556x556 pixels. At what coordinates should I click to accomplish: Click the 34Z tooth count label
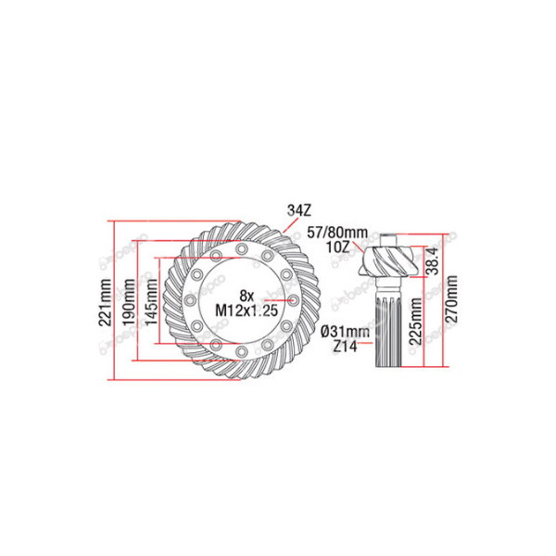(x=299, y=210)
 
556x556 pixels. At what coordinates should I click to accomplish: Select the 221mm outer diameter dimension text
(x=106, y=300)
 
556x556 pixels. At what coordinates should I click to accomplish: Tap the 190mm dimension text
(x=129, y=300)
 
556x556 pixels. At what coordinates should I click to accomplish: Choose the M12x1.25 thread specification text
(x=246, y=310)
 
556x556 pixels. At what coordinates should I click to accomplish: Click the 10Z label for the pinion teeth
(x=338, y=246)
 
